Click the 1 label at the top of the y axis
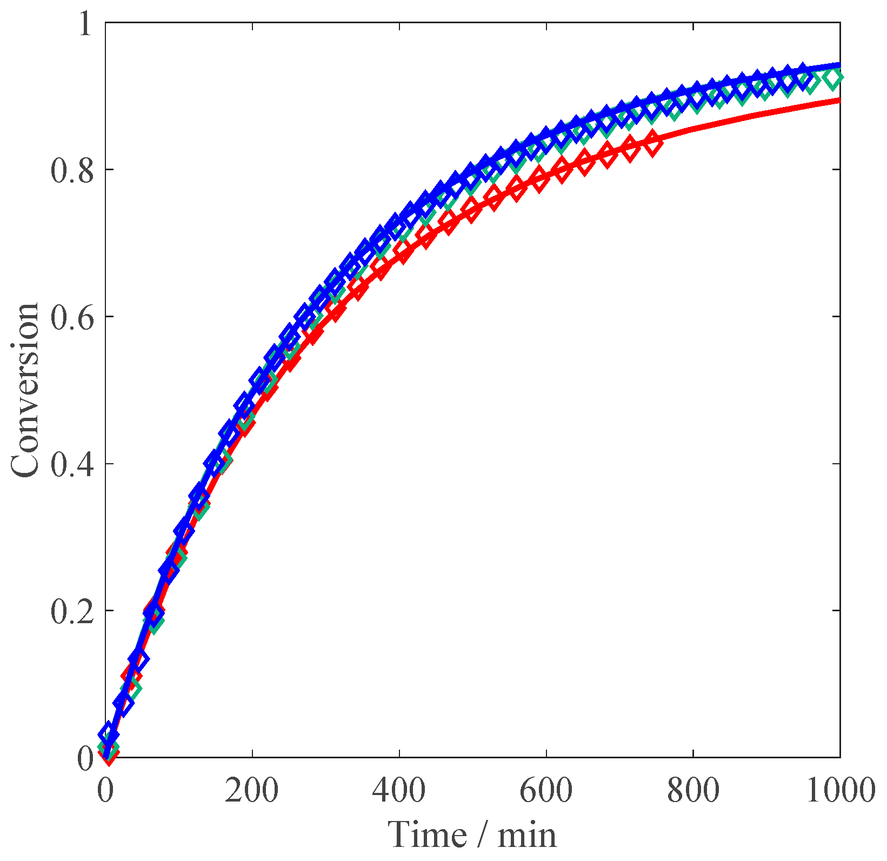tap(85, 25)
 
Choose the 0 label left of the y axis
tap(85, 758)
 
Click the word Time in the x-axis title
tap(428, 834)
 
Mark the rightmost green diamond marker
tap(833, 79)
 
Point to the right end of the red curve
tap(839, 101)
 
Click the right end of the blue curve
tap(839, 65)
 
